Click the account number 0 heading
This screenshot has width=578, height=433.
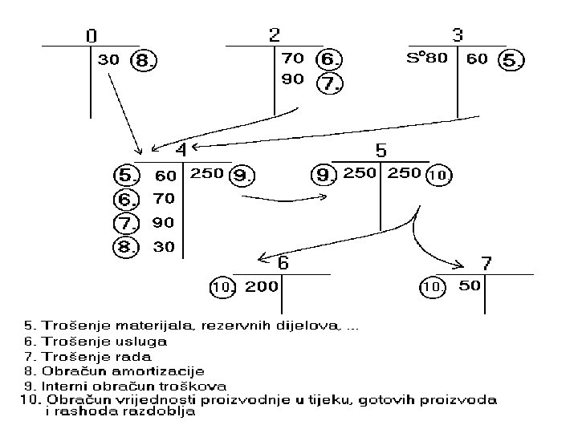click(92, 36)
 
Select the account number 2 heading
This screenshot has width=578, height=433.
click(274, 35)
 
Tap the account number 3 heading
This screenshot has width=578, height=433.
click(457, 35)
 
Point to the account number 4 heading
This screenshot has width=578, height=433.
click(181, 150)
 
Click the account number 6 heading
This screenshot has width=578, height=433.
click(283, 263)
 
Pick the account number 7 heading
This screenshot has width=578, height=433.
click(486, 263)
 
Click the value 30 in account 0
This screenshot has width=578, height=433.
click(109, 59)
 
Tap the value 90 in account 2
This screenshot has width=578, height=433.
click(293, 80)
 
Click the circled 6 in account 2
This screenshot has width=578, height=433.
click(329, 59)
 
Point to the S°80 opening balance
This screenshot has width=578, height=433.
click(427, 59)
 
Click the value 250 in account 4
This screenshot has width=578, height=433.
click(206, 173)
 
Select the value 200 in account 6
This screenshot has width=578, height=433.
click(262, 286)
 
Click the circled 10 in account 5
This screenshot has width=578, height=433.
click(438, 174)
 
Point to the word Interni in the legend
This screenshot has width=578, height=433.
click(61, 385)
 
